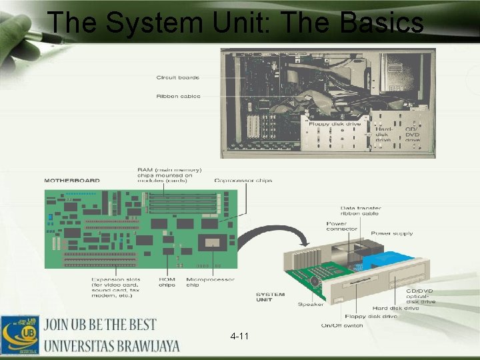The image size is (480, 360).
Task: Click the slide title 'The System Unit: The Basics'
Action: point(235,23)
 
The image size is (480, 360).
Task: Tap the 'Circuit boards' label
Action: point(177,77)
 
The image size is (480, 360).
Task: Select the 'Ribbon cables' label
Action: point(177,96)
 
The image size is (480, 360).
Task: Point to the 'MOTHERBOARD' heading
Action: point(72,180)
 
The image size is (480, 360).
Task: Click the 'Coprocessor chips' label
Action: point(243,180)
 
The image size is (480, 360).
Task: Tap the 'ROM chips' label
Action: point(167,282)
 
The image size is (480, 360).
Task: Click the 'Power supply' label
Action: point(391,233)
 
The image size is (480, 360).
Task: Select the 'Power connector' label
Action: point(341,227)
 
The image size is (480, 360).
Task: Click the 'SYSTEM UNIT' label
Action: point(270,297)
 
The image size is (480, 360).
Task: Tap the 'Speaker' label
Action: point(311,305)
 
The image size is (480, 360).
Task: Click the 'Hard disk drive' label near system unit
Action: point(395,308)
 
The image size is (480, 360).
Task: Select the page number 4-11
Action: point(239,336)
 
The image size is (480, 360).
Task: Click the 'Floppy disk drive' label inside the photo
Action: point(335,123)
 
